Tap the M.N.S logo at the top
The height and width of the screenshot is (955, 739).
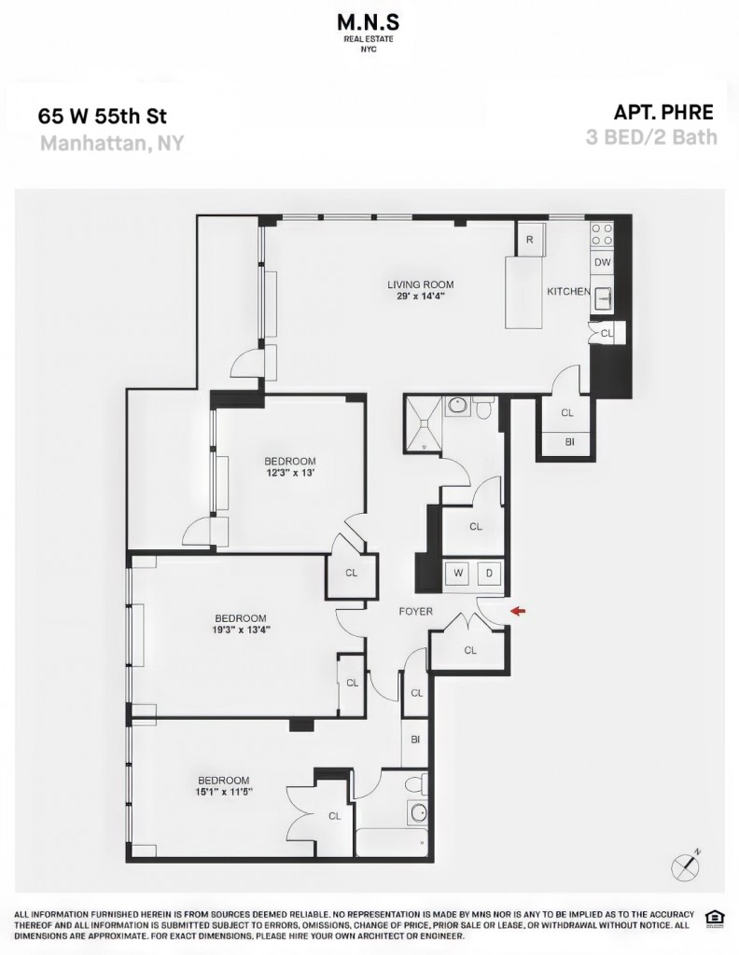pos(369,31)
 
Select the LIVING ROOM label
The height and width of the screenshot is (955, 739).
pos(421,284)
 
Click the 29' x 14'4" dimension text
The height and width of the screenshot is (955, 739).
pos(421,297)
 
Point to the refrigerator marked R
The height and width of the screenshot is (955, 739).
pos(529,240)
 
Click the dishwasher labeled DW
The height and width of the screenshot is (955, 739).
pos(602,262)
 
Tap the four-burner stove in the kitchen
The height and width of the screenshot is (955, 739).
pos(602,234)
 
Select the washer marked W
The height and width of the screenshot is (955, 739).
pos(458,574)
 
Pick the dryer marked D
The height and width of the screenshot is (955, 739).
pos(489,574)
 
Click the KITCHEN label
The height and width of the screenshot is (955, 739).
pos(568,291)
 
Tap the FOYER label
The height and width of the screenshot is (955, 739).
pos(415,611)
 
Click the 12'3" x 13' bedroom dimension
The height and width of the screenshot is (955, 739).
pos(290,473)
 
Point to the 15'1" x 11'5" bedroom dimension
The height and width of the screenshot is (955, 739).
pos(224,792)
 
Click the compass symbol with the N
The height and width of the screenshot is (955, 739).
pos(684,865)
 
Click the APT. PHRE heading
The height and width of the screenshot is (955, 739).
pos(662,112)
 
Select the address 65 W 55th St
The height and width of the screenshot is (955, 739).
pos(103,116)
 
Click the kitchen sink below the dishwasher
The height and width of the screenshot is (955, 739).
pos(603,297)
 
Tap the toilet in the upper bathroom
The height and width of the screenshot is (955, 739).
pos(485,408)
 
